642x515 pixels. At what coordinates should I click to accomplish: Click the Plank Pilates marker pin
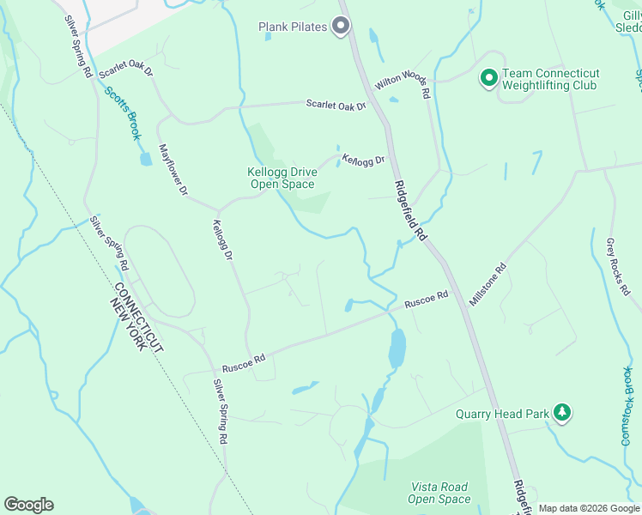point(341,27)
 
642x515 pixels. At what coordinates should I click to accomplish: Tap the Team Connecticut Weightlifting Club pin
point(488,80)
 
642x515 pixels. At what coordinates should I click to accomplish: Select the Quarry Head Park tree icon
point(562,413)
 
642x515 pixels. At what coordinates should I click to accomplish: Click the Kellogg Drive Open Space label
point(282,178)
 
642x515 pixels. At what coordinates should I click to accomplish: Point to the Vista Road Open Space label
point(439,493)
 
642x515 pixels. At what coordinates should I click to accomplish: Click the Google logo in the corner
point(28,505)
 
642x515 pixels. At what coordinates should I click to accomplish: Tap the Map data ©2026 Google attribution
point(589,508)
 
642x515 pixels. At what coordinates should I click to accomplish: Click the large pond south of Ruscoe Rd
point(397,348)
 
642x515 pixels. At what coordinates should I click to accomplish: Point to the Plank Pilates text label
point(293,27)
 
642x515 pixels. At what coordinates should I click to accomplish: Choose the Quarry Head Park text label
point(503,414)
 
